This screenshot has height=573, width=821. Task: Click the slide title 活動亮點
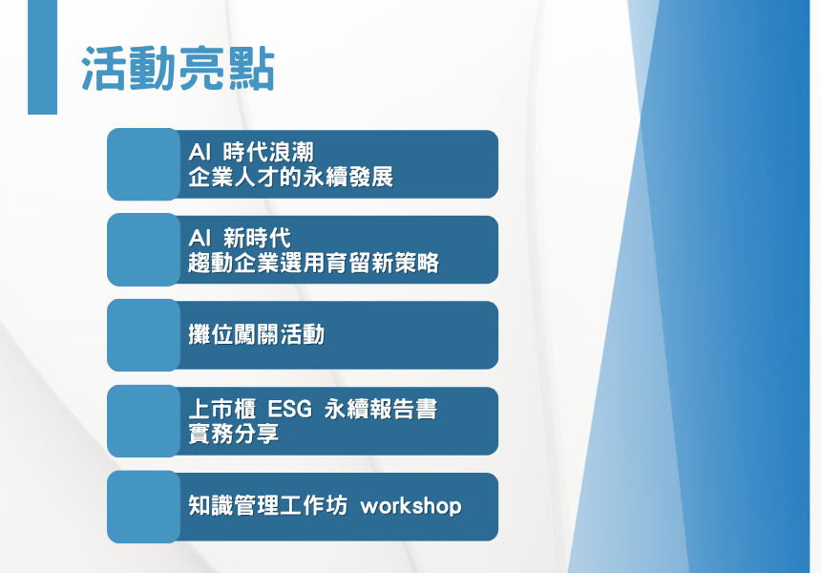tap(178, 69)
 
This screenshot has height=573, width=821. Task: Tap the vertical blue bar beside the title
tap(42, 57)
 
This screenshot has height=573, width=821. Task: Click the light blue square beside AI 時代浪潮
tap(143, 164)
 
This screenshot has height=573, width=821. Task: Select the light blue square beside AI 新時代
tap(143, 250)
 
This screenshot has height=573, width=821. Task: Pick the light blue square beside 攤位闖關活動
tap(143, 335)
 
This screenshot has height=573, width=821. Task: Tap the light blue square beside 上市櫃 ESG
tap(143, 421)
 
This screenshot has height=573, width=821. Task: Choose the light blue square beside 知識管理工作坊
tap(143, 507)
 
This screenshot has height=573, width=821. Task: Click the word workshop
tap(411, 506)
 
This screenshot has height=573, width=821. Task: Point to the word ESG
tap(289, 409)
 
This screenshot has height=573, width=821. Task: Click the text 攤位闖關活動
tap(257, 334)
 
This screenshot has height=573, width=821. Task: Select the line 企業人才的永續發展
tap(290, 177)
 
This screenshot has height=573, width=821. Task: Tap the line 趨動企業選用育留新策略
tap(314, 263)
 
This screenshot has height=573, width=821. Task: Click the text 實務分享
tap(234, 434)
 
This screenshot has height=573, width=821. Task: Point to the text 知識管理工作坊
tap(267, 506)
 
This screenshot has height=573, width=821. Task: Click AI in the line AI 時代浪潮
tap(200, 153)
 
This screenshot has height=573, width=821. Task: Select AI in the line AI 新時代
tap(200, 239)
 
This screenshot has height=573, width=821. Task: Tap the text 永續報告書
tap(381, 409)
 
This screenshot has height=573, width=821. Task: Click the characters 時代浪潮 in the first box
tap(268, 153)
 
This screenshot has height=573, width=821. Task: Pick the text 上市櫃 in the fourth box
tap(222, 409)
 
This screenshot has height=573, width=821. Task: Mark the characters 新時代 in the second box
tap(257, 239)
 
